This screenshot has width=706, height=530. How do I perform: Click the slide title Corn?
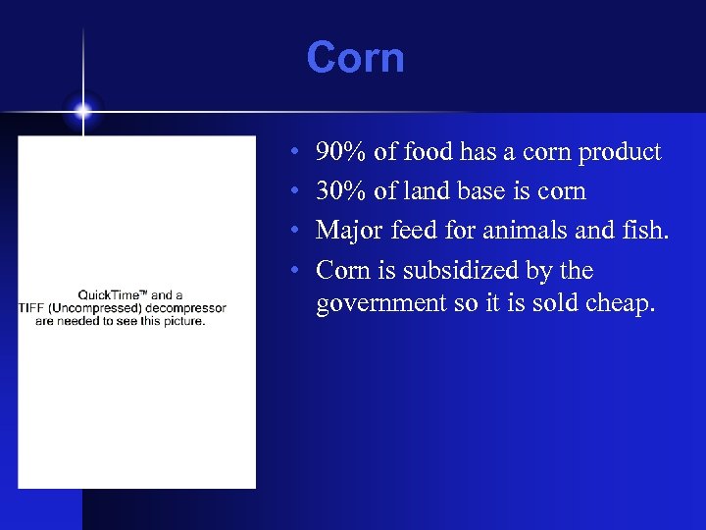pyautogui.click(x=355, y=58)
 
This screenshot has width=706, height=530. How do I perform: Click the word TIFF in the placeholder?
pyautogui.click(x=32, y=308)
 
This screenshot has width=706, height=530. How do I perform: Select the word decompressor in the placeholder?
pyautogui.click(x=182, y=308)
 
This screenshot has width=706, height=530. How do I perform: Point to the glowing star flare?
pyautogui.click(x=83, y=111)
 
